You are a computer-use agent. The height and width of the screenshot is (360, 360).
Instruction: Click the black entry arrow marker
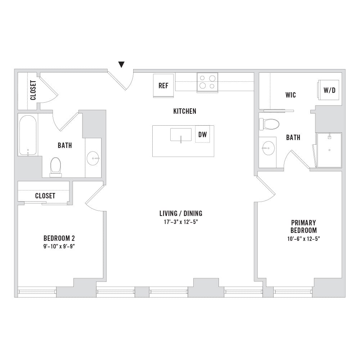point(121,64)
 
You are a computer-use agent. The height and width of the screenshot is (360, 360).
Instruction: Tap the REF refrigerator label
point(163,86)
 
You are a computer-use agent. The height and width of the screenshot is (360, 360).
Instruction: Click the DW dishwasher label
point(202,135)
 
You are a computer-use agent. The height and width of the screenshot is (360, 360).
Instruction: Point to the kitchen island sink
point(181,135)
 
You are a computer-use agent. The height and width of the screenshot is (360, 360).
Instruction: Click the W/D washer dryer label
point(329,90)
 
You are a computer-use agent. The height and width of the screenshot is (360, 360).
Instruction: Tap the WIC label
point(291,95)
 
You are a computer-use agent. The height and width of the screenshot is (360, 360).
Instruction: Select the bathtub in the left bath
point(28,135)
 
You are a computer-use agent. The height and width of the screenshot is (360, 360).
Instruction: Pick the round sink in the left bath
point(93,158)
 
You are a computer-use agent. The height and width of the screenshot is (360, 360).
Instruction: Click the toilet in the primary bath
point(269,124)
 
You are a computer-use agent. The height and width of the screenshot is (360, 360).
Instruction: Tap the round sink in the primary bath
point(268,148)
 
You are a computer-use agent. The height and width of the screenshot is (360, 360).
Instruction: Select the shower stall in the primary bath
point(329,150)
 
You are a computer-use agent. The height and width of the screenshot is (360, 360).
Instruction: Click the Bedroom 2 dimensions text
point(59,246)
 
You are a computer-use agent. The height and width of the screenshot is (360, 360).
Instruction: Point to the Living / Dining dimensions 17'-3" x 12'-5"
point(181,222)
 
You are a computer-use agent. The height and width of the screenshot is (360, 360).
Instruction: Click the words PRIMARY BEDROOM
point(303,226)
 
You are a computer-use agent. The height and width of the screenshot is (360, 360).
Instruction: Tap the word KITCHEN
point(185,111)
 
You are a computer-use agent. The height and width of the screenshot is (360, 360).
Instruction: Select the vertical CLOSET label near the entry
point(33,90)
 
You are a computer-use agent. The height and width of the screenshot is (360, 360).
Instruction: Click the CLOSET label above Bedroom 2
point(45,195)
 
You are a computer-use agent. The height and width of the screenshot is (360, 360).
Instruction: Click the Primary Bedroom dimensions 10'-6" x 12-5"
point(303,239)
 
